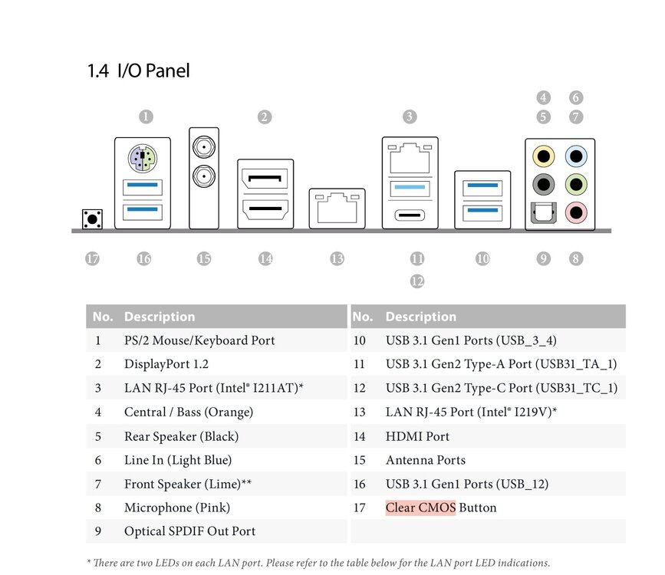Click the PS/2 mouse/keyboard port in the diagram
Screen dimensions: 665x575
(143, 158)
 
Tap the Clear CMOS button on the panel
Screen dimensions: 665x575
(92, 219)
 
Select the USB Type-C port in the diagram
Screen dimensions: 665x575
(410, 215)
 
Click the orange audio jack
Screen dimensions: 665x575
(543, 156)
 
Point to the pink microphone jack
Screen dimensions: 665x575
(576, 212)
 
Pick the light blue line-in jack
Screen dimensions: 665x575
(576, 156)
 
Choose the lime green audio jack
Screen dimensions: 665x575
(576, 185)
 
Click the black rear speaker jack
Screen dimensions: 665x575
(543, 185)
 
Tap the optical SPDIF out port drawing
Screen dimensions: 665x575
(543, 212)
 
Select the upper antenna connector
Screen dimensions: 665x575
(204, 147)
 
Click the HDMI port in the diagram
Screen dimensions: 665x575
(265, 209)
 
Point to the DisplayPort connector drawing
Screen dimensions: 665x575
(265, 179)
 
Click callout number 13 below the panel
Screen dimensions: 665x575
(337, 258)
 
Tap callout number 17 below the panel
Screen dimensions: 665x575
(92, 258)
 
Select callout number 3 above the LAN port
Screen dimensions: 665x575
(410, 117)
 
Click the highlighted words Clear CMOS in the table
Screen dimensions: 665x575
(421, 508)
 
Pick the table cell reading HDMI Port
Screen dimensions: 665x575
(417, 436)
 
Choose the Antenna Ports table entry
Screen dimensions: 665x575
(426, 460)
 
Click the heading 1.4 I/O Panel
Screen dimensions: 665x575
(138, 71)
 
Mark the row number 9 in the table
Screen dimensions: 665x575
(98, 531)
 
